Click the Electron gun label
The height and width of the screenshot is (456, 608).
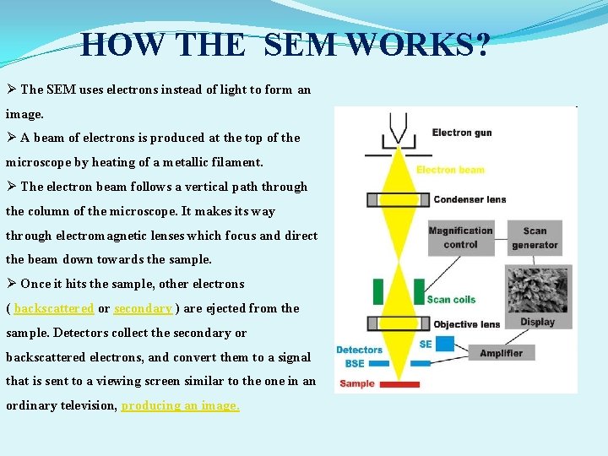pyautogui.click(x=464, y=133)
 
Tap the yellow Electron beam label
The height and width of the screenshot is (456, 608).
pyautogui.click(x=450, y=170)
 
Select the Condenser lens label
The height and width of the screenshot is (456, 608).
pyautogui.click(x=470, y=199)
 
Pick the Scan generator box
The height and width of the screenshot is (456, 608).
pyautogui.click(x=535, y=237)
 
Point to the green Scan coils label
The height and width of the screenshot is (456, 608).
pyautogui.click(x=451, y=299)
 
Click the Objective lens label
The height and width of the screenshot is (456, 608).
pyautogui.click(x=467, y=324)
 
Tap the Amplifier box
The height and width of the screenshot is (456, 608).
pyautogui.click(x=501, y=353)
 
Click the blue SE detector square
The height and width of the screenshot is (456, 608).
pyautogui.click(x=446, y=344)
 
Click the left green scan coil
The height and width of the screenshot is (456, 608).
pyautogui.click(x=378, y=290)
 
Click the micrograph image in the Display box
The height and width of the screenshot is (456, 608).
pyautogui.click(x=537, y=289)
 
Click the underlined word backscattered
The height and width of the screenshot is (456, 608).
pyautogui.click(x=54, y=308)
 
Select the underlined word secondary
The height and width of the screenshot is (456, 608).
pyautogui.click(x=143, y=308)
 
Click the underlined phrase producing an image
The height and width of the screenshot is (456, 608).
pyautogui.click(x=180, y=405)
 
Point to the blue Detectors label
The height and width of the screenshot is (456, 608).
pyautogui.click(x=359, y=350)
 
